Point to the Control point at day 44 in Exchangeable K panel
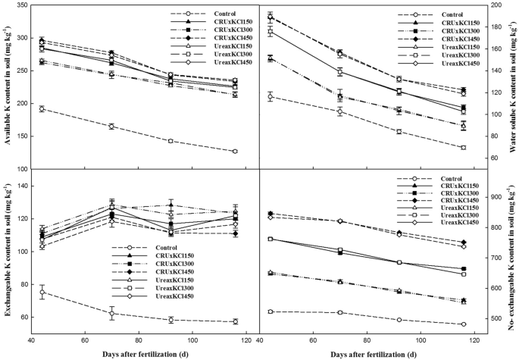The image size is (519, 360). point(42,293)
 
